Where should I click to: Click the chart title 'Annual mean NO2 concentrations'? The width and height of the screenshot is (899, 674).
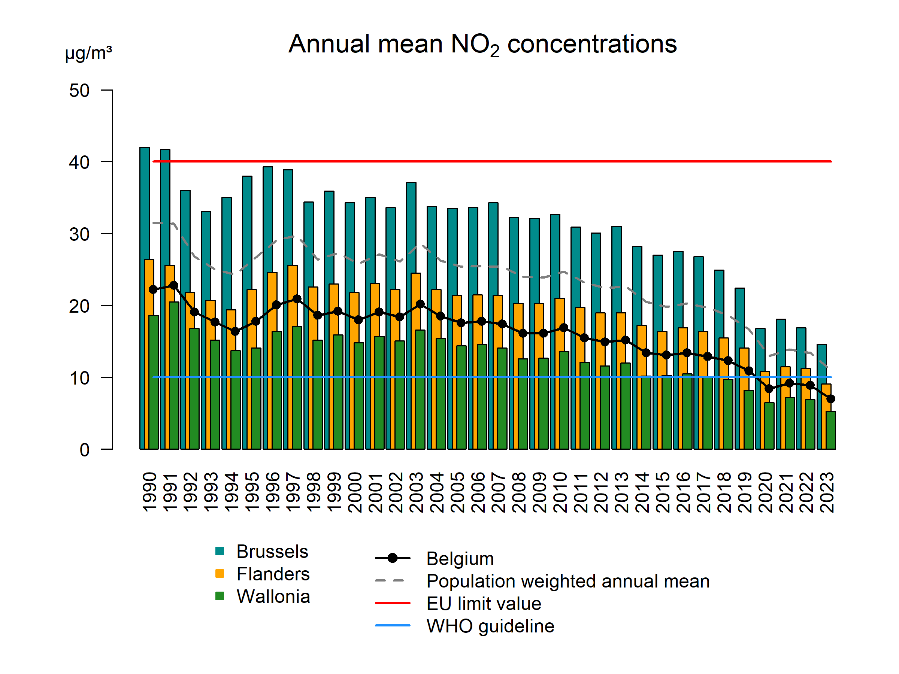(x=482, y=44)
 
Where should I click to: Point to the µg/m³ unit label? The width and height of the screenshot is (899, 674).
(x=88, y=53)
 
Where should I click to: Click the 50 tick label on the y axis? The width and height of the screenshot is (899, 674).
(x=79, y=91)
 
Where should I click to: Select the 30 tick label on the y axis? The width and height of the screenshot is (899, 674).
(x=79, y=234)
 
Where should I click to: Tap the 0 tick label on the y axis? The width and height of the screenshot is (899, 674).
(x=85, y=450)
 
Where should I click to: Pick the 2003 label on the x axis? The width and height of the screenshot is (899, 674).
(x=417, y=492)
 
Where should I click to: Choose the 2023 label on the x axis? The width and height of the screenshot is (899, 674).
(x=827, y=492)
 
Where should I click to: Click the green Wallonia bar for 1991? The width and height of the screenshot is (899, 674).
(x=174, y=376)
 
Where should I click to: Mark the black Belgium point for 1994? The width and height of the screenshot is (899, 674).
(x=235, y=331)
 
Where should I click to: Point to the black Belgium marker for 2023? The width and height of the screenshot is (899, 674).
(x=831, y=399)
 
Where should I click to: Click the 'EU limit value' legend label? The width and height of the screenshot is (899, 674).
(x=484, y=603)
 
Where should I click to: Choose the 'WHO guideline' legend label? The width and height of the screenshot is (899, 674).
(x=490, y=626)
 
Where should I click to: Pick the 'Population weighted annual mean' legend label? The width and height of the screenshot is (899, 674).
(x=568, y=581)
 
